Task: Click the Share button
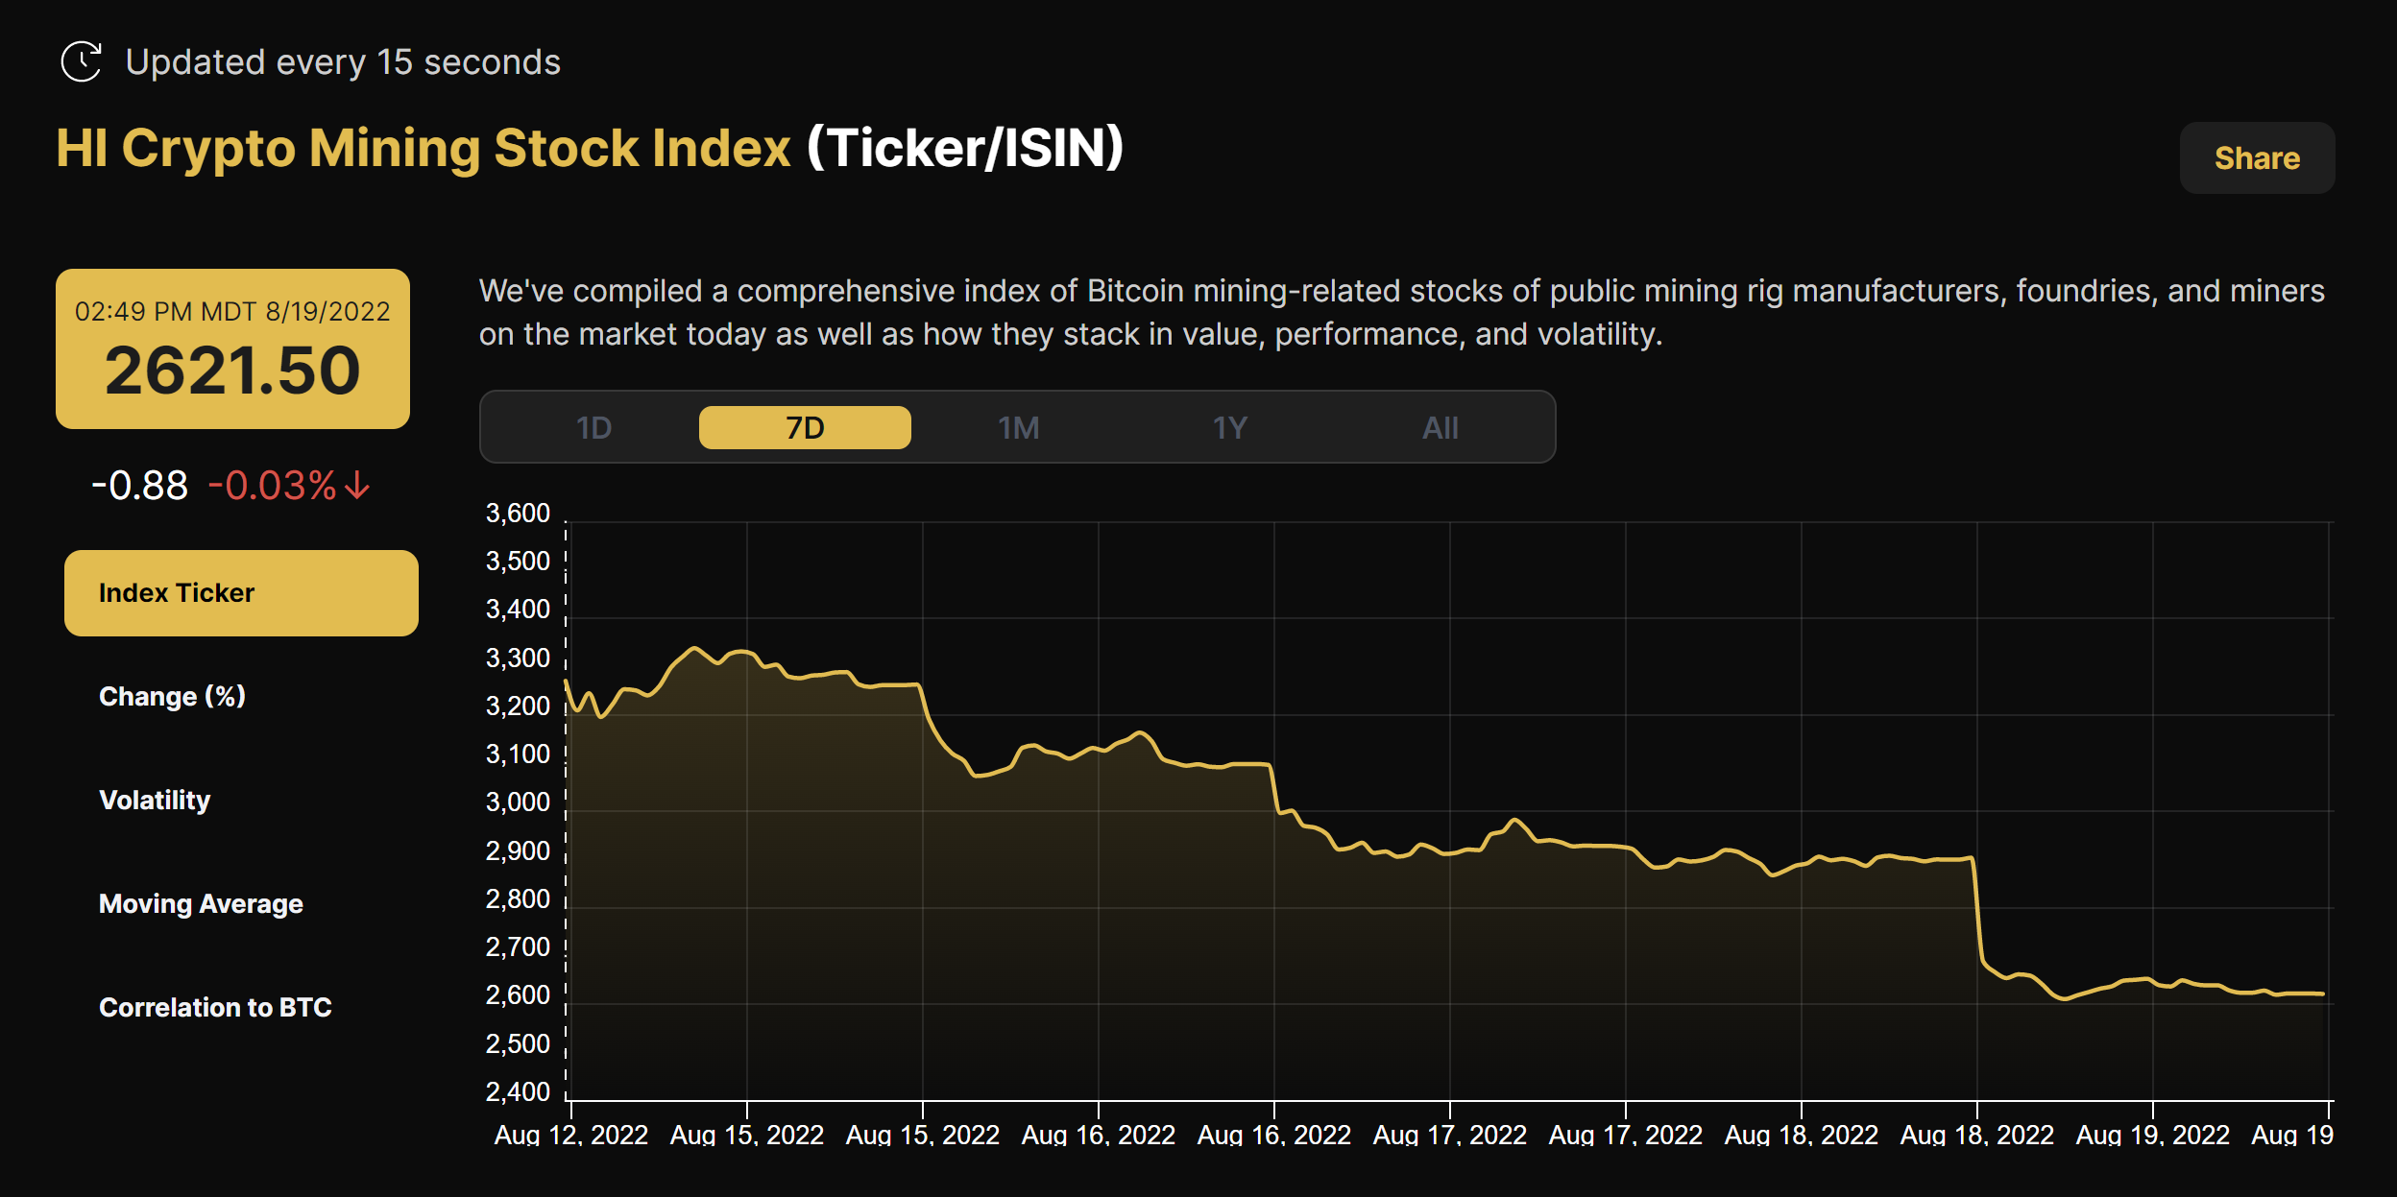2257,158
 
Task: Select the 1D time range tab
593,428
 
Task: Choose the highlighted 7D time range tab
805,428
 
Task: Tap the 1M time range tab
1018,428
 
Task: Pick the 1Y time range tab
1229,428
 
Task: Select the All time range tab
1440,428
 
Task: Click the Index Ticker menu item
241,593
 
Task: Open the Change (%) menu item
173,697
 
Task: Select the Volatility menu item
155,801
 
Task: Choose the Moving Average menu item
201,904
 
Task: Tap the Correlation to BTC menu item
215,1008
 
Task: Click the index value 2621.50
232,371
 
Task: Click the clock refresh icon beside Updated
82,62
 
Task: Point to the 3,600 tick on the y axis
518,514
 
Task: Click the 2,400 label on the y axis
518,1092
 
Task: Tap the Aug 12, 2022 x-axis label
570,1136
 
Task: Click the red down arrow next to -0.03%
357,486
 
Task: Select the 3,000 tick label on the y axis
518,802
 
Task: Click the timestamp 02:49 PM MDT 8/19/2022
232,312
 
